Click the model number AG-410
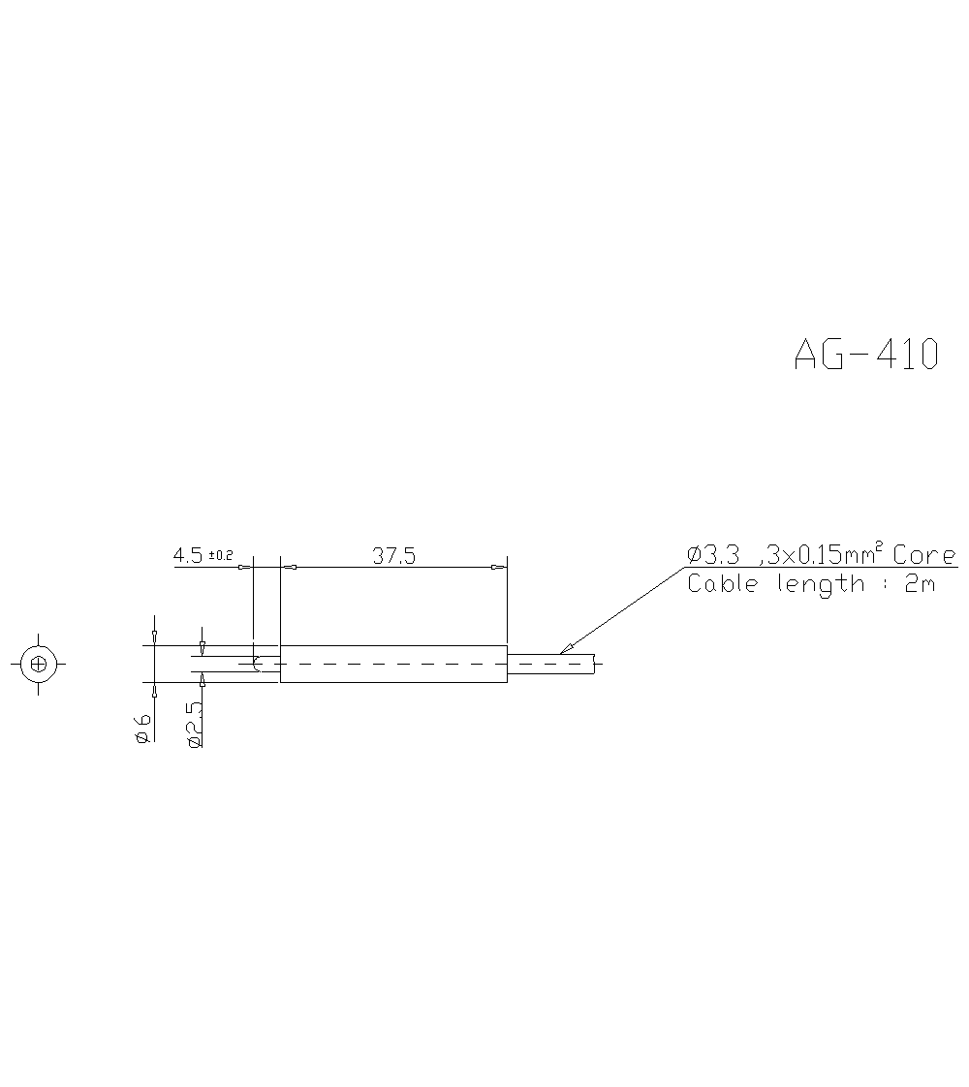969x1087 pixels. pos(866,355)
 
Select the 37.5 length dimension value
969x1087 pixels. pos(393,555)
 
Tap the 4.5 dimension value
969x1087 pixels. pos(188,555)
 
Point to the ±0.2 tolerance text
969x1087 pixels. pos(221,555)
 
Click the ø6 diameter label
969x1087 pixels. pos(142,728)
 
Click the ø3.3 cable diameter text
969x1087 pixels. pos(714,555)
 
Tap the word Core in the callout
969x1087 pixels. pos(923,555)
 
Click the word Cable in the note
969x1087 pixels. pos(722,583)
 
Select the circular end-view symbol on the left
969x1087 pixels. pos(39,664)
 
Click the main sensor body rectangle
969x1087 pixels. pos(393,664)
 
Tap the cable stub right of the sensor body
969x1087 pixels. pos(549,664)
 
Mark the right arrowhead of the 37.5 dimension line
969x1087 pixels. pos(499,567)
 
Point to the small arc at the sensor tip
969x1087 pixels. pos(257,664)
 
